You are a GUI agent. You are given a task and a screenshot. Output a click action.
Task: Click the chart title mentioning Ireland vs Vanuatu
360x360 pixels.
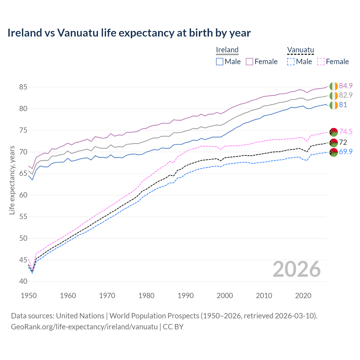[129, 33]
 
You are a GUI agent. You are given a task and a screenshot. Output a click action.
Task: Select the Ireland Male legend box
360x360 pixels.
[220, 62]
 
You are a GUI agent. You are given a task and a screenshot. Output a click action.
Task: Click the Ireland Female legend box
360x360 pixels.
[249, 62]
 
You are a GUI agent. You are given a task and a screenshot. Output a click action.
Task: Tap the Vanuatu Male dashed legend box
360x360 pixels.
[291, 62]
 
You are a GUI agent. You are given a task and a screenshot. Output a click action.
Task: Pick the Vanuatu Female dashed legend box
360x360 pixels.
[321, 62]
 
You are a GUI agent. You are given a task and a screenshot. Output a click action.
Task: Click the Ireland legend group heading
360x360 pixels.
[227, 50]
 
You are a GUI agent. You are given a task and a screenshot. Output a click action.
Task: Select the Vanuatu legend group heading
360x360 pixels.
[300, 50]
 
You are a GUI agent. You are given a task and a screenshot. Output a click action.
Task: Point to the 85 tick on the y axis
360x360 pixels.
[23, 87]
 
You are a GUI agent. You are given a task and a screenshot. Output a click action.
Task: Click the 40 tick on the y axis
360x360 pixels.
[23, 282]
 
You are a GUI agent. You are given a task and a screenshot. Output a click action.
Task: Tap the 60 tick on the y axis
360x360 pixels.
[23, 195]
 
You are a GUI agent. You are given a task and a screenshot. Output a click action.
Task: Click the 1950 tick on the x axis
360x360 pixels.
[29, 296]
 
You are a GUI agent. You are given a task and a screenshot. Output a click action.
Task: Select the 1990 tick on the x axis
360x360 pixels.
[186, 296]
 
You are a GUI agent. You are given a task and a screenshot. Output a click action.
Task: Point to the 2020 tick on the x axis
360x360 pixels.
[303, 296]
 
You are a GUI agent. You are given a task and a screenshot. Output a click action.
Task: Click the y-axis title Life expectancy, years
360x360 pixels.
[12, 180]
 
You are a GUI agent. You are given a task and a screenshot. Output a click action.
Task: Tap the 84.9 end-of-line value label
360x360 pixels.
[346, 86]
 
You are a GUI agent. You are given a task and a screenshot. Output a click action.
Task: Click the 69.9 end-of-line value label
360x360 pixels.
[346, 152]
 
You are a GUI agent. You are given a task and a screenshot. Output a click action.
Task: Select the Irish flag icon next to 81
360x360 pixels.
[334, 105]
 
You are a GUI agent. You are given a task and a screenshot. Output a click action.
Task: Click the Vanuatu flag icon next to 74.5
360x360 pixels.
[334, 132]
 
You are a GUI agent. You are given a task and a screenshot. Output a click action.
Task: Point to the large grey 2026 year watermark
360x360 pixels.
[296, 269]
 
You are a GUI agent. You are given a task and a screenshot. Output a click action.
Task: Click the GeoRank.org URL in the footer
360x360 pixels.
[84, 327]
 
